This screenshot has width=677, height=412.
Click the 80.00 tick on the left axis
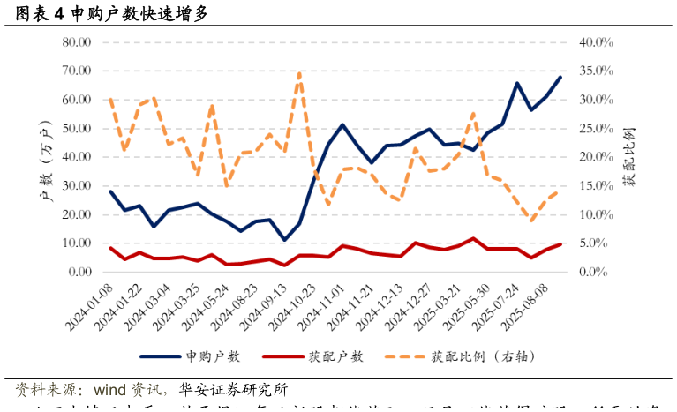(x=77, y=42)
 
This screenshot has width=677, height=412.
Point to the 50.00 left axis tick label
(x=77, y=129)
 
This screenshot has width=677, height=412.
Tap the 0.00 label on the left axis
(x=79, y=272)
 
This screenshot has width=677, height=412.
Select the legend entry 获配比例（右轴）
(x=483, y=356)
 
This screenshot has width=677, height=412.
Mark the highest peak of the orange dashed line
(x=299, y=73)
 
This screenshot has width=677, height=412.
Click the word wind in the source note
(x=110, y=389)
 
